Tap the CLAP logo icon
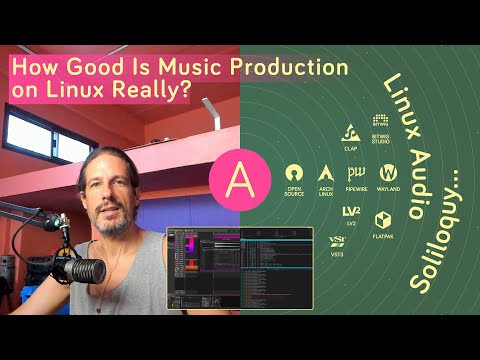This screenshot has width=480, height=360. (x=351, y=133)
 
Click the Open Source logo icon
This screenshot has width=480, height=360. (x=294, y=172)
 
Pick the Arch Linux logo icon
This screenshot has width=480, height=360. (x=325, y=172)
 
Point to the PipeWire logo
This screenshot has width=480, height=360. (x=356, y=172)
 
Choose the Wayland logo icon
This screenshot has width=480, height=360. (x=389, y=172)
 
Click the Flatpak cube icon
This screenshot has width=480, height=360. (x=382, y=219)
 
